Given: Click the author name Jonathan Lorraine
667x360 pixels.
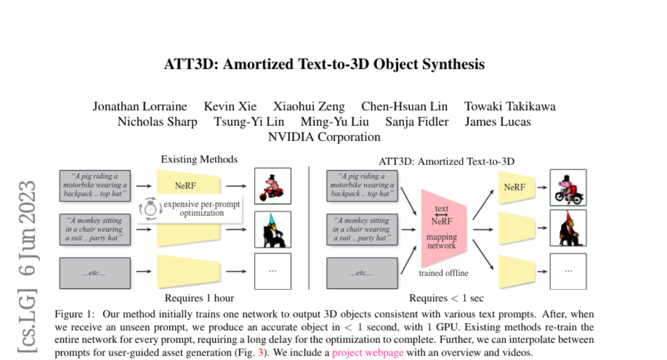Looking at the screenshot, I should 140,106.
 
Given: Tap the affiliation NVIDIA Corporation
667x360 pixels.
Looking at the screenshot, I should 324,137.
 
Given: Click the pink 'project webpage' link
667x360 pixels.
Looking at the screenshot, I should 368,352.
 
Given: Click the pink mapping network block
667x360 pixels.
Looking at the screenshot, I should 442,228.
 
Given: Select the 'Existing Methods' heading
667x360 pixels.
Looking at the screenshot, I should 199,159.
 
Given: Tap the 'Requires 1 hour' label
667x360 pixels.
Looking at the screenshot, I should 199,298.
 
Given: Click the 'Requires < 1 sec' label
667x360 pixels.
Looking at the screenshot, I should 446,298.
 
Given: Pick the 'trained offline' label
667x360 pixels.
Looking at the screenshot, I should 443,273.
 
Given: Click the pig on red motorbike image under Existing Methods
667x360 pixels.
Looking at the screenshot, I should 272,187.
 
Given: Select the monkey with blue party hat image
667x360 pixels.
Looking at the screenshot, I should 272,229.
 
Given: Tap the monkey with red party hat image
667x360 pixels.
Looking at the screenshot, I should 568,228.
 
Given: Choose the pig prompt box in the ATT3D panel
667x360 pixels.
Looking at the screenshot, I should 362,186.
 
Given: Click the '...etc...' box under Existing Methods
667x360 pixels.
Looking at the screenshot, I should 95,273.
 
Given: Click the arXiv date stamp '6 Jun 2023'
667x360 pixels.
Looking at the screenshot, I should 27,228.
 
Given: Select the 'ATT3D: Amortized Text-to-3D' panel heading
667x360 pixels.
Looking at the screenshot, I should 446,162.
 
